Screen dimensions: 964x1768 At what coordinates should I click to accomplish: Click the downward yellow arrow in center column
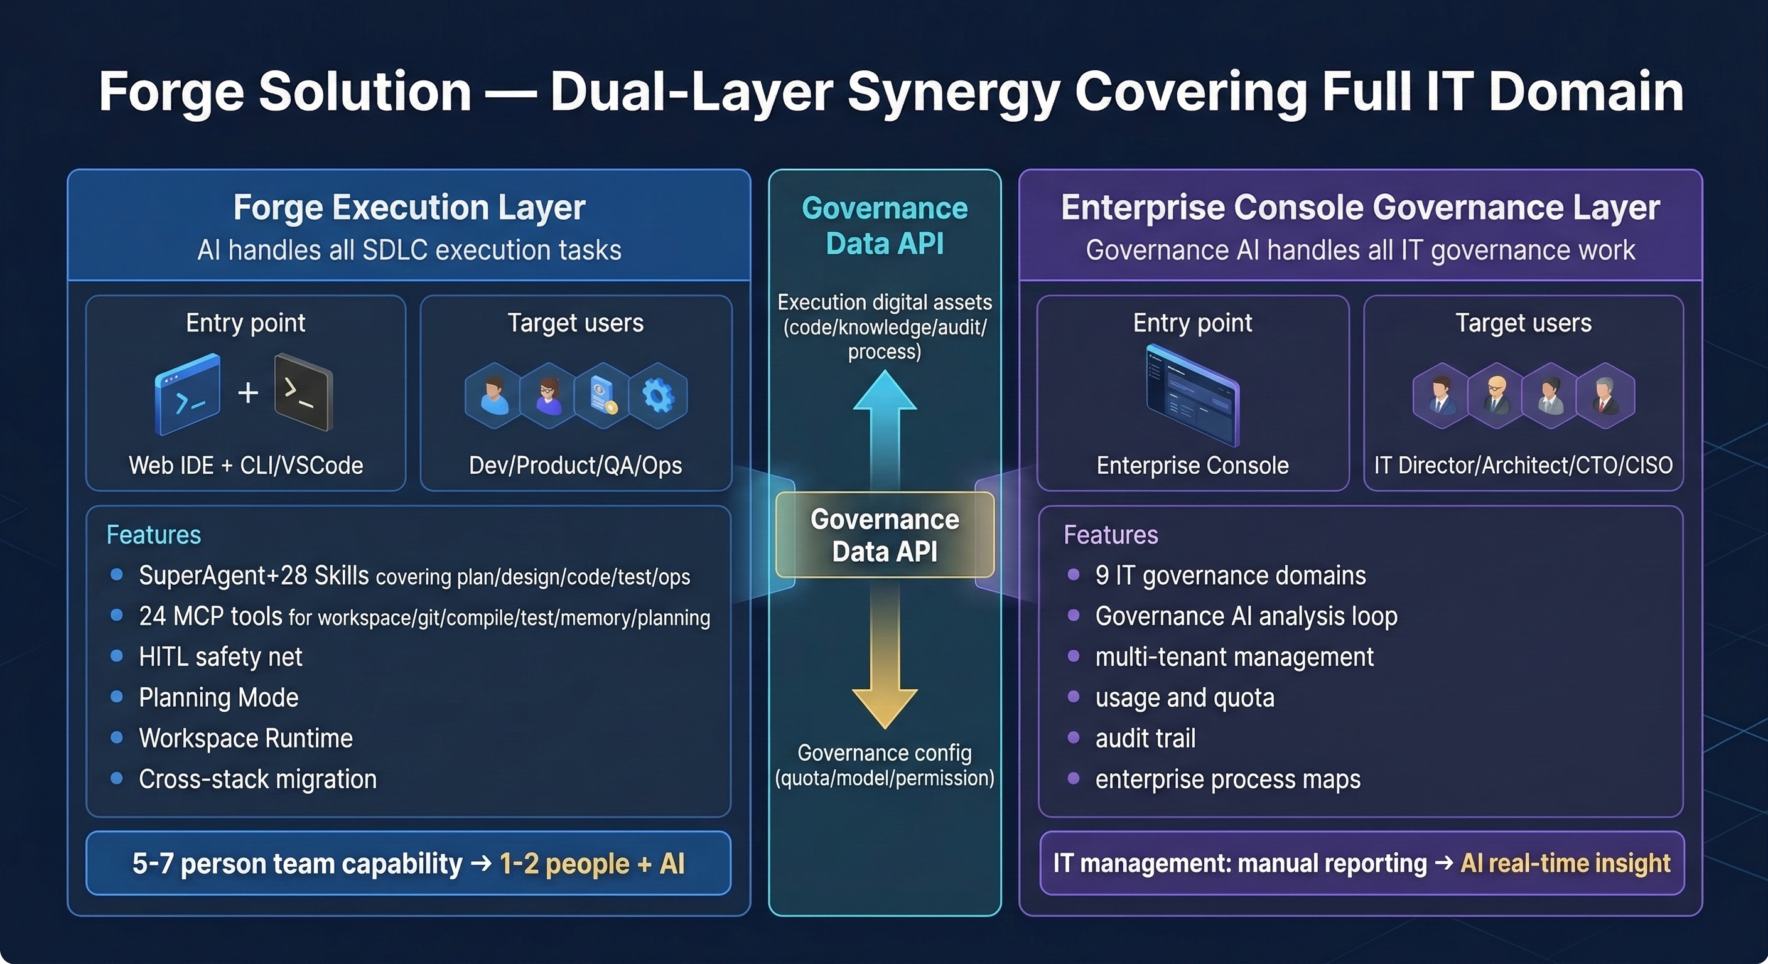point(885,659)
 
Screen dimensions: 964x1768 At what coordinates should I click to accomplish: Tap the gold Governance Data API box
point(885,535)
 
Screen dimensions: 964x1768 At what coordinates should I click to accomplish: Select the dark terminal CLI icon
point(303,392)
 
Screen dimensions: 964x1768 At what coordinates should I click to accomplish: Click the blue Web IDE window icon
point(187,394)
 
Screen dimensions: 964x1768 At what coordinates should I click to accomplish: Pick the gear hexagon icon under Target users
point(657,396)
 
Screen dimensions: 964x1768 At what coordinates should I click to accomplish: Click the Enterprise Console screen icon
point(1192,397)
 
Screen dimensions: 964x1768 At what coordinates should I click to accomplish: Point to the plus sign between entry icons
point(248,392)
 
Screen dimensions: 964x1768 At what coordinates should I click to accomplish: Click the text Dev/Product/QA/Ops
point(575,465)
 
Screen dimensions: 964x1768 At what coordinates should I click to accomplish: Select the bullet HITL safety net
point(220,656)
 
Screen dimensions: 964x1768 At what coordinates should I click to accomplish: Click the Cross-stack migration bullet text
point(257,779)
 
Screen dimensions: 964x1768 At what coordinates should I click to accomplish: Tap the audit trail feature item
point(1145,738)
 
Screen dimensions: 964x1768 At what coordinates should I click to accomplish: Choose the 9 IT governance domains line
point(1230,575)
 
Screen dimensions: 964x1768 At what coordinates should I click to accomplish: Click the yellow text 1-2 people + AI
point(591,863)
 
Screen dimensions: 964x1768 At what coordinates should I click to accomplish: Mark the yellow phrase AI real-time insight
point(1565,863)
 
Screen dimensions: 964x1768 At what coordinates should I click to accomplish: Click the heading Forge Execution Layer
point(409,207)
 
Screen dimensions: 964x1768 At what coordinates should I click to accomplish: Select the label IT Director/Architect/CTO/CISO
point(1523,465)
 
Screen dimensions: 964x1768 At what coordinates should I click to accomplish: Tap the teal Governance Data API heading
point(885,225)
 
